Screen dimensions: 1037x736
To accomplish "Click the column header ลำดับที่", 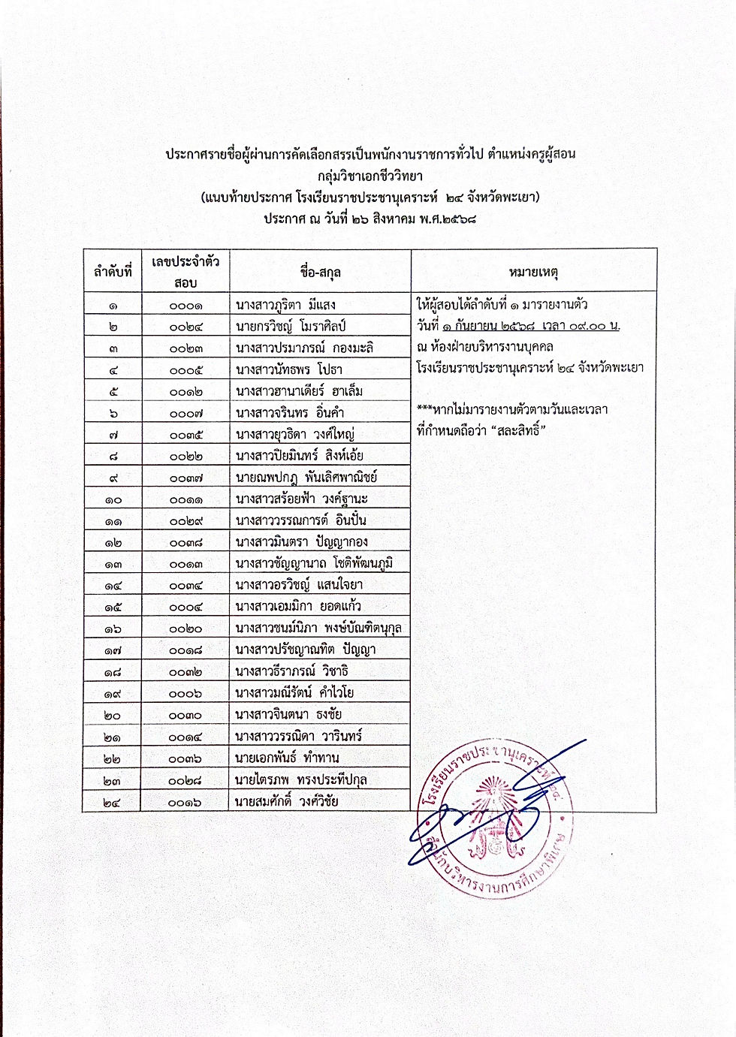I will (113, 272).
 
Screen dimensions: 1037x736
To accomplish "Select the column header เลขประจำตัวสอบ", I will (186, 272).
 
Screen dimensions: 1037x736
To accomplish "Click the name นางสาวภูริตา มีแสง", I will (285, 305).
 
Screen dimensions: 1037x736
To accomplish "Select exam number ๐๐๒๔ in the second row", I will (186, 327).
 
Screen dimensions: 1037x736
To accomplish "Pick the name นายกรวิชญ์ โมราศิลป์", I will (290, 327).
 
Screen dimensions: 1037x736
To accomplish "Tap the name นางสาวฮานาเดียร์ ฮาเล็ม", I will (299, 391).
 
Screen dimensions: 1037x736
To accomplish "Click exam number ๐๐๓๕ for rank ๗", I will (186, 435).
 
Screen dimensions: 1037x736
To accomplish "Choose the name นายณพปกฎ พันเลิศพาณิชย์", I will (306, 478).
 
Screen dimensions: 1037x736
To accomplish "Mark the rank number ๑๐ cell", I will (113, 499).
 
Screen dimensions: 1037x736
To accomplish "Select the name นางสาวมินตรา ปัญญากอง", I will (301, 542).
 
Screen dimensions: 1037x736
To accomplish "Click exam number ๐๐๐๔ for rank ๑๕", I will (186, 607).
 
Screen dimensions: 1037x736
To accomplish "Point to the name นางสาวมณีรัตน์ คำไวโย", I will (294, 693).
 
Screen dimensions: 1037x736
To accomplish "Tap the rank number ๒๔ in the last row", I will (113, 802).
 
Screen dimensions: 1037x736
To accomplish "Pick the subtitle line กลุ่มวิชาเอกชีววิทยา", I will (370, 176).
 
